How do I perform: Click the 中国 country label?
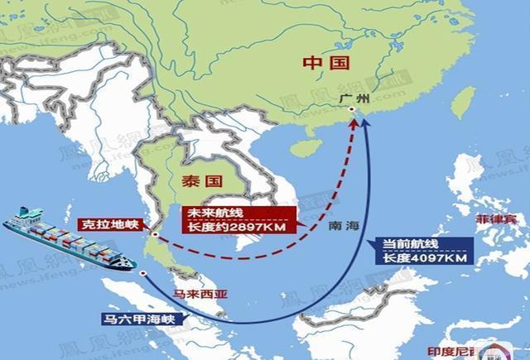click(x=324, y=64)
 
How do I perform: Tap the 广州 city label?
click(x=352, y=98)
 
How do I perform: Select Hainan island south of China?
click(x=307, y=150)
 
